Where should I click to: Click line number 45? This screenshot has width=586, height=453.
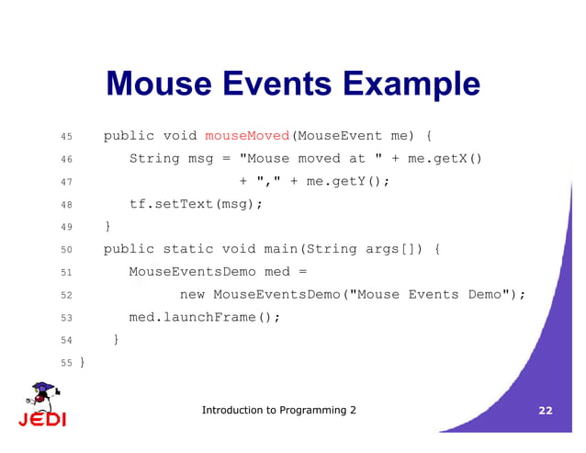(x=65, y=137)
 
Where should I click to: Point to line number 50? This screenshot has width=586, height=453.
(x=65, y=250)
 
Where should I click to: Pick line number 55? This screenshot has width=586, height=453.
(x=65, y=363)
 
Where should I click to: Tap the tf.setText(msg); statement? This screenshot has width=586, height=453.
(x=196, y=204)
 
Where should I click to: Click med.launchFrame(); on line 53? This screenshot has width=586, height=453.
(x=204, y=317)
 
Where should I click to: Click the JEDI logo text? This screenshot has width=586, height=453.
(x=42, y=420)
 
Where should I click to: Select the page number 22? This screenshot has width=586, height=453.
(x=546, y=411)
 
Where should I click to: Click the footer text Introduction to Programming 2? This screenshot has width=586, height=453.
(x=278, y=410)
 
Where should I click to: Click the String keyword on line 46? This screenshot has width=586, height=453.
(x=153, y=159)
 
